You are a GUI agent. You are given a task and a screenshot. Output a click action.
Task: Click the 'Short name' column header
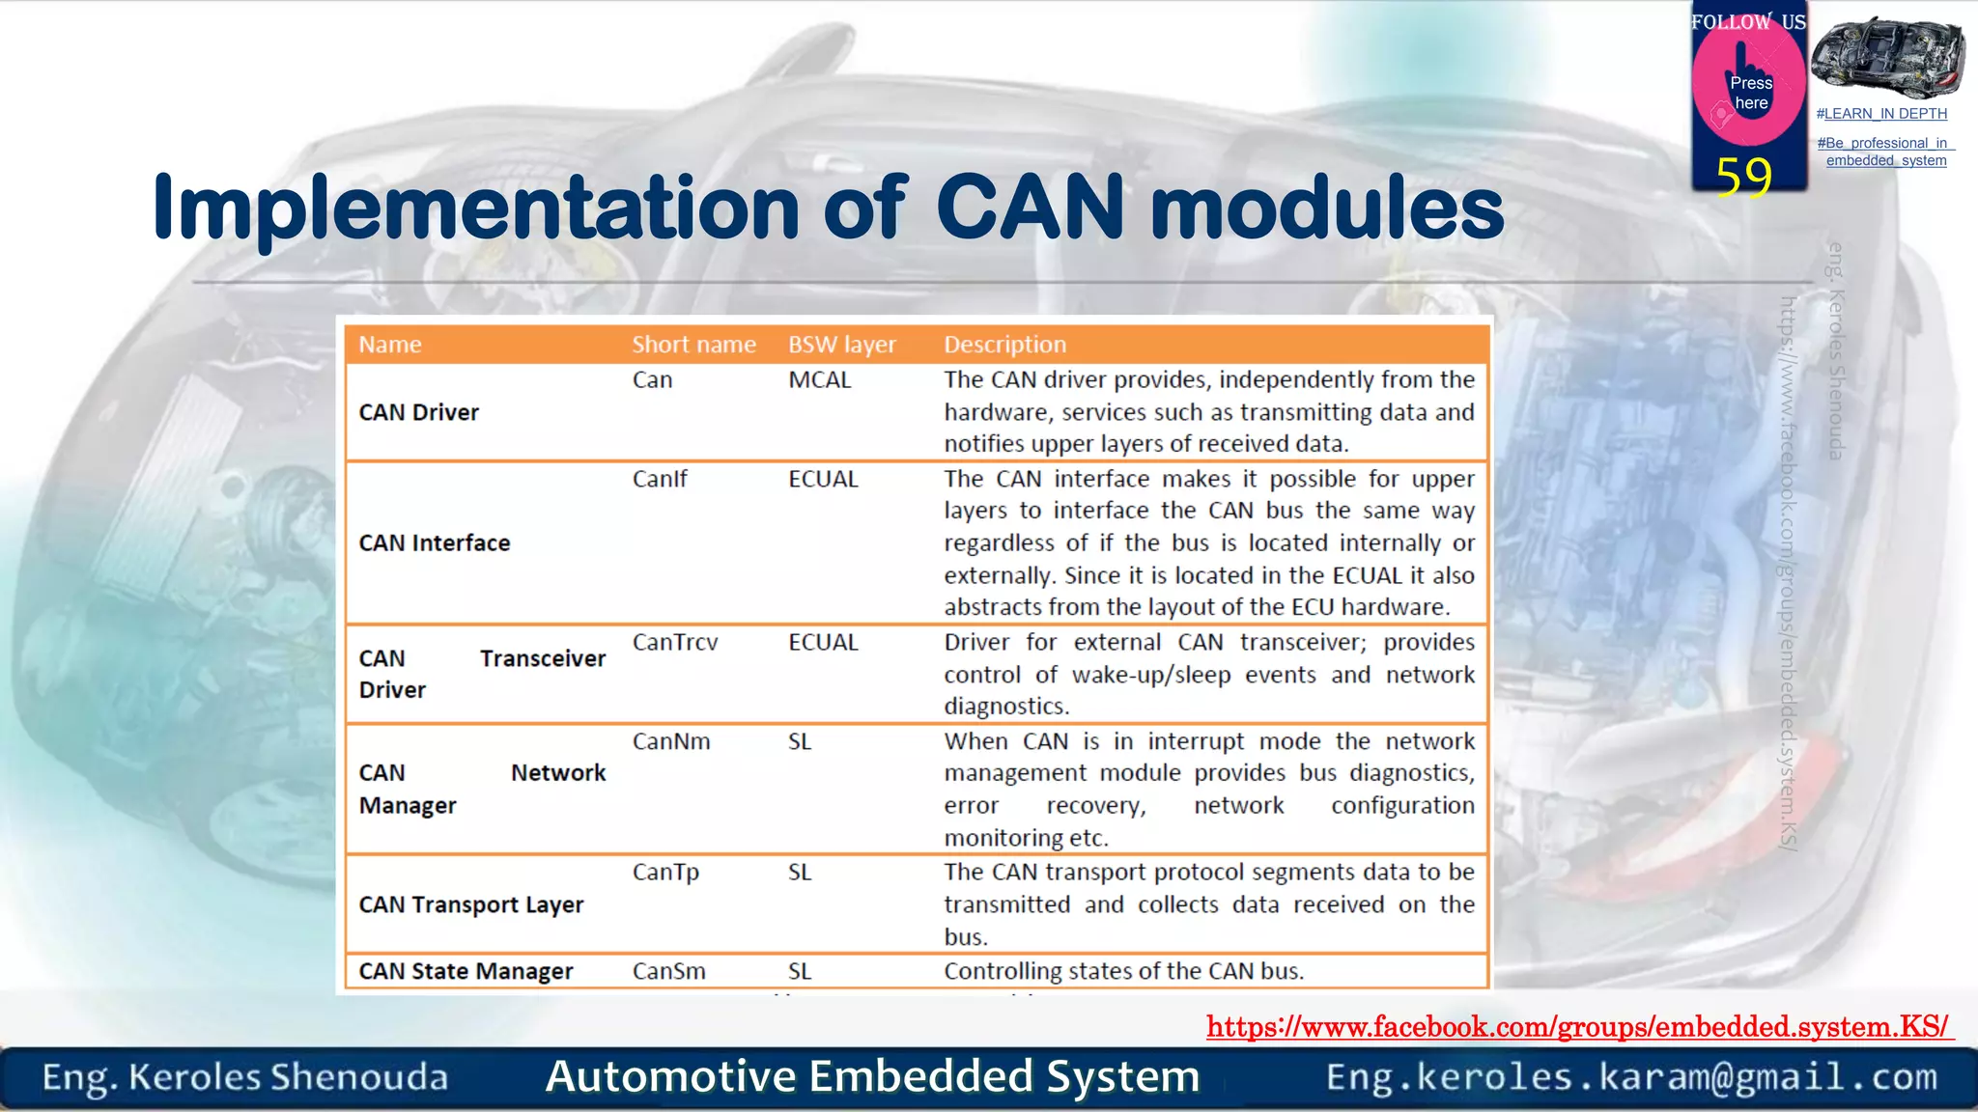(x=693, y=345)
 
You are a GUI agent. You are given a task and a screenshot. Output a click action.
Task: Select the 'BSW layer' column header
(x=841, y=345)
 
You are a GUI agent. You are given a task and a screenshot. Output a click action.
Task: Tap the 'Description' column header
(x=1004, y=345)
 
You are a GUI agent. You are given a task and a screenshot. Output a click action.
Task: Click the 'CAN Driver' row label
(x=418, y=412)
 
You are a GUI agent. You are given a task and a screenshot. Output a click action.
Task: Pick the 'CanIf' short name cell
(x=660, y=479)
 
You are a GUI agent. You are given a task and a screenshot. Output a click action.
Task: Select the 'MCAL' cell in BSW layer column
(x=819, y=380)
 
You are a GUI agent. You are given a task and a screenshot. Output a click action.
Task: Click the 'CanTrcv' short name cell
(x=675, y=643)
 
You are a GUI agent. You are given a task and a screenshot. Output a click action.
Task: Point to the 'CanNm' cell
(x=671, y=741)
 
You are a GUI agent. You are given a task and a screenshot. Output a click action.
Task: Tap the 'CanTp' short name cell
(x=665, y=873)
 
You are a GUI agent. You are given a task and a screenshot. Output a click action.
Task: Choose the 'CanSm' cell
(x=668, y=971)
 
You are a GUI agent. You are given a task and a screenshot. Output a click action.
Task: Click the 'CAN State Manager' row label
(x=466, y=971)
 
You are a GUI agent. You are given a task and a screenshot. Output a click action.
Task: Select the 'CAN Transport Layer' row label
(x=471, y=904)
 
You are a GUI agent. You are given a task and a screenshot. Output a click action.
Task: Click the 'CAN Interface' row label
(x=434, y=543)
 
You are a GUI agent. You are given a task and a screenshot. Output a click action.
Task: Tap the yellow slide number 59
(x=1743, y=177)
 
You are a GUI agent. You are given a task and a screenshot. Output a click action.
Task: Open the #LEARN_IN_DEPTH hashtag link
(x=1881, y=114)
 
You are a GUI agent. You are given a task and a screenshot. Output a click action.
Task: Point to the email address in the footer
(x=1631, y=1077)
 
